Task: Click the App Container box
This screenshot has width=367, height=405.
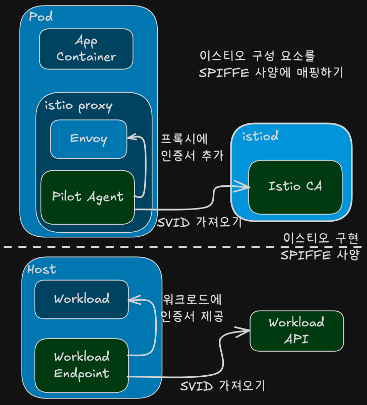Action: (86, 49)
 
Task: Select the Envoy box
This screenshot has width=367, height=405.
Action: (89, 139)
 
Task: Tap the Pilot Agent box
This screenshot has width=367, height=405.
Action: (88, 197)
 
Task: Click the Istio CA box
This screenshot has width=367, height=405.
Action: (295, 187)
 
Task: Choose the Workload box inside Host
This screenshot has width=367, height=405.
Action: (82, 299)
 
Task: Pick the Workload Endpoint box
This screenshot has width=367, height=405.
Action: (82, 366)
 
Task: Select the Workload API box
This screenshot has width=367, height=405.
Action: (297, 331)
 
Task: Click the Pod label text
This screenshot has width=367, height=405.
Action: (41, 16)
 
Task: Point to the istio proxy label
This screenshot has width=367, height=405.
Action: (79, 106)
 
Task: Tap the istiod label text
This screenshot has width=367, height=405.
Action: (260, 136)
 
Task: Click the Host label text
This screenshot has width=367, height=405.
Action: (42, 269)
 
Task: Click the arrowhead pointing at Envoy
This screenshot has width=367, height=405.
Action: (132, 137)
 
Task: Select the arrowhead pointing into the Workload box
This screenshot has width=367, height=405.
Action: (134, 300)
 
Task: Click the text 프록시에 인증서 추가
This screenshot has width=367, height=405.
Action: (192, 148)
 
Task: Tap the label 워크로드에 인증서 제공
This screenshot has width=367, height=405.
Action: (192, 308)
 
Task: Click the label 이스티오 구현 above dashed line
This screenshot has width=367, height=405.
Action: (321, 238)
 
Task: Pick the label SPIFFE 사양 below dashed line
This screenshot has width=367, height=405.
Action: (320, 255)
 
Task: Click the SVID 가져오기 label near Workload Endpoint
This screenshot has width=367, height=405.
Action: (222, 386)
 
